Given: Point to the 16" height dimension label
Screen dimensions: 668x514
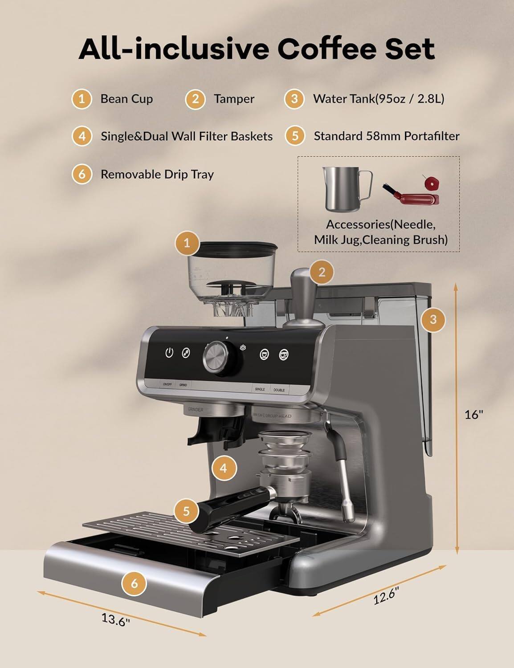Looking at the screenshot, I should coord(474,415).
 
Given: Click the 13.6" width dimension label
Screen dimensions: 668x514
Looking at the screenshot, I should coord(115,619).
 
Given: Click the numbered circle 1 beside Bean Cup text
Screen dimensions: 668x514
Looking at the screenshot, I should coord(82,99).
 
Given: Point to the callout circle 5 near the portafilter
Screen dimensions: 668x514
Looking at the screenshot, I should coord(186,510).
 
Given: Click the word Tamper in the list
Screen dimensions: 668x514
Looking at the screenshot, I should coord(234,99).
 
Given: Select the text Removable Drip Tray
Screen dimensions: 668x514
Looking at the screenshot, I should coord(157,174).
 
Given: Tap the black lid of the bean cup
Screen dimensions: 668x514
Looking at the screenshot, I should coord(238,246).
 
